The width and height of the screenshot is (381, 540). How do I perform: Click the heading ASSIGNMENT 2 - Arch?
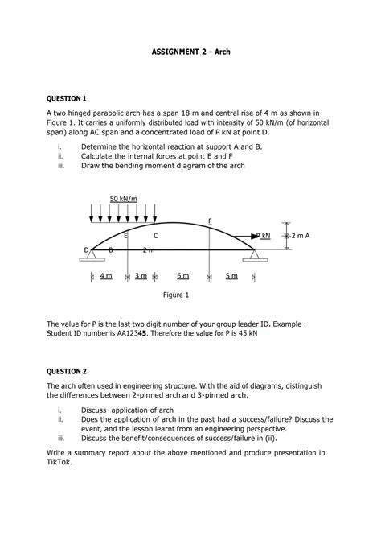pos(190,50)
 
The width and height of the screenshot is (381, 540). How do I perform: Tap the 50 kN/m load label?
pos(124,199)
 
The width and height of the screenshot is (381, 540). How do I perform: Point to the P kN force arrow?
pos(242,235)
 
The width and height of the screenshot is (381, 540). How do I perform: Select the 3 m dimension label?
pos(141,276)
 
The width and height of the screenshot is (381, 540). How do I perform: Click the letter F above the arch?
pos(210,220)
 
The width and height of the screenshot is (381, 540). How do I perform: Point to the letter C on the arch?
pos(155,236)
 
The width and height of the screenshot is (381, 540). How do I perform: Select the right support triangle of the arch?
pos(256,255)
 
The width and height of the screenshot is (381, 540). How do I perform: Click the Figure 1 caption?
pos(176,295)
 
